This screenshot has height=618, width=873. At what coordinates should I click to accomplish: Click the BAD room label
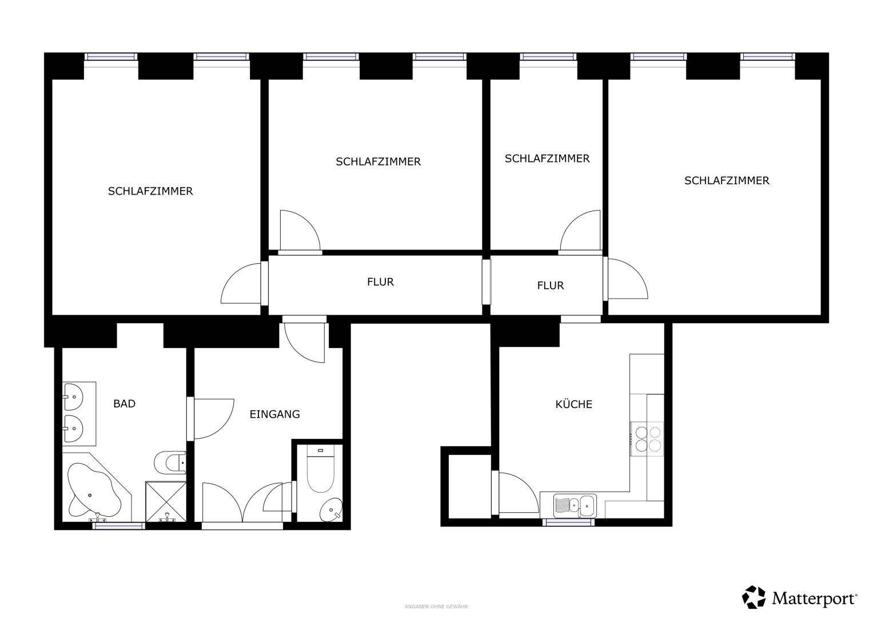[124, 404]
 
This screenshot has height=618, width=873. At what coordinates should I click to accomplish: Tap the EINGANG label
[275, 414]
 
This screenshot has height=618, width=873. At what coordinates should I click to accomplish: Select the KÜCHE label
[573, 404]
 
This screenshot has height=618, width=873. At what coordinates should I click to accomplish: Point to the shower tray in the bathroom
[166, 502]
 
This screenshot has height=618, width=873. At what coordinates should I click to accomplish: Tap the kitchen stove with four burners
[647, 439]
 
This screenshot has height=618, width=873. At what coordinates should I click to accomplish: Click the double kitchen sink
[575, 506]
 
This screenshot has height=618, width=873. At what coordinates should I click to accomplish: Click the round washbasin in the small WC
[331, 509]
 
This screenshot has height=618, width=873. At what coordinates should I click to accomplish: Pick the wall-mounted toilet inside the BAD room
[170, 463]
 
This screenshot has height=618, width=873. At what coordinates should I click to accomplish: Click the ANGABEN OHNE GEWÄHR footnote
[436, 607]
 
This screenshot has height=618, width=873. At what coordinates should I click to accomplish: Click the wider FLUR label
[380, 282]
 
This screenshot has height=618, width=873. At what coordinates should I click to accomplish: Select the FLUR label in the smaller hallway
[551, 286]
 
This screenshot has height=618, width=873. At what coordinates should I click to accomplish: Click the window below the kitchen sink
[568, 522]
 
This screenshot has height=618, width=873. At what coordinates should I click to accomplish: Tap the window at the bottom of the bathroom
[119, 526]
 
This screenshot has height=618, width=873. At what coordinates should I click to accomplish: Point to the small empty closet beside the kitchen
[469, 486]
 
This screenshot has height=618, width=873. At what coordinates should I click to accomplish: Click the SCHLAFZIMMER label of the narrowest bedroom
[547, 159]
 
